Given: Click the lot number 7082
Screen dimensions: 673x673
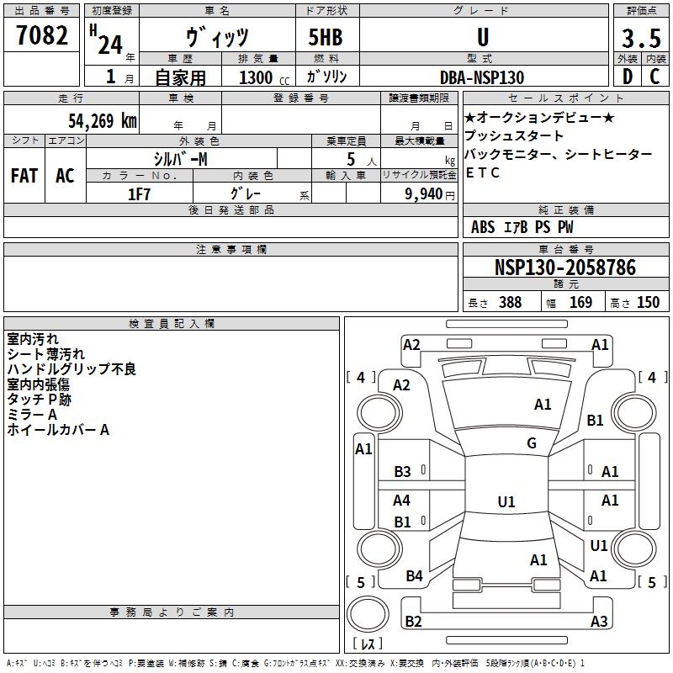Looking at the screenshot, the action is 42,35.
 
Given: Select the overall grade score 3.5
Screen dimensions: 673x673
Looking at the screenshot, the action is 641,38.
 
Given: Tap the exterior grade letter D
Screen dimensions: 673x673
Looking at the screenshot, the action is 628,77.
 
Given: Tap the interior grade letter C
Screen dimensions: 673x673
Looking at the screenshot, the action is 654,77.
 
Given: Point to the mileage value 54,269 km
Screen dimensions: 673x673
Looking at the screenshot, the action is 103,121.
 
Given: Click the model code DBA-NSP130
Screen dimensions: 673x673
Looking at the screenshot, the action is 482,77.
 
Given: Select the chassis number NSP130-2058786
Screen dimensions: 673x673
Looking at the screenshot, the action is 565,268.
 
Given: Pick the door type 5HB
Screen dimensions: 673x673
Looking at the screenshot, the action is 326,37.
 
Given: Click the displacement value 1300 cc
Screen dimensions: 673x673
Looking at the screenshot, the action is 264,77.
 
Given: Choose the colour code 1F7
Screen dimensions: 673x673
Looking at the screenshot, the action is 139,194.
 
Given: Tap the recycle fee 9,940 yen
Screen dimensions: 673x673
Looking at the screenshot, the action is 430,194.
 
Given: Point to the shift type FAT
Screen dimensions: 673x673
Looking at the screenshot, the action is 24,176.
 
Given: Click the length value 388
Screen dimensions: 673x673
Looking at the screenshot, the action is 510,302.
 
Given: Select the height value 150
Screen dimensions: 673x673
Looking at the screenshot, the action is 648,302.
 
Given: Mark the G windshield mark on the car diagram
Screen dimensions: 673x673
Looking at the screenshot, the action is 532,443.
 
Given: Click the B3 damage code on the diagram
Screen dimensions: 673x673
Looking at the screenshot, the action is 402,472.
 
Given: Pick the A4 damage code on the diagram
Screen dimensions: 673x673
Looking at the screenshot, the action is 401,500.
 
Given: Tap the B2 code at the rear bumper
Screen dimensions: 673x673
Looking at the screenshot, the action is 413,621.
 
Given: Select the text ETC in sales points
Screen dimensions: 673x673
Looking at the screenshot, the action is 482,172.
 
